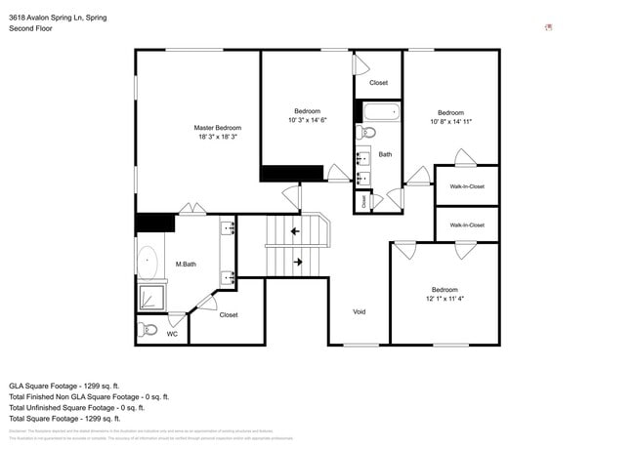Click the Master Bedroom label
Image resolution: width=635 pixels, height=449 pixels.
(217, 128)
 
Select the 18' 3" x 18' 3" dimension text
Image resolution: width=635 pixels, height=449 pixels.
(217, 138)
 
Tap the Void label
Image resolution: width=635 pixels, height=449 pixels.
(359, 311)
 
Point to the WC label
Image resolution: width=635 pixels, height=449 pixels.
(172, 334)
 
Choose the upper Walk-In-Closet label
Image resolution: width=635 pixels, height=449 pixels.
(466, 185)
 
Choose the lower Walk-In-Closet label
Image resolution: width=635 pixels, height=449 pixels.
(466, 224)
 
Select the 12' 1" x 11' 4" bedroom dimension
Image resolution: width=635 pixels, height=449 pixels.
(444, 300)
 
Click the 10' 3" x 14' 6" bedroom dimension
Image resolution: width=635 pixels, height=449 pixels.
(307, 120)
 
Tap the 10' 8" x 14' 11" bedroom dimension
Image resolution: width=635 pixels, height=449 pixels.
(450, 122)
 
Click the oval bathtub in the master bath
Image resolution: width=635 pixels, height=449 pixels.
(148, 264)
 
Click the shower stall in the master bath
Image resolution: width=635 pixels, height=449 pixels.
(150, 297)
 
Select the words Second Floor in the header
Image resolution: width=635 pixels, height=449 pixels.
(30, 29)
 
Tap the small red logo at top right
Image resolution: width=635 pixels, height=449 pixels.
(547, 27)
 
